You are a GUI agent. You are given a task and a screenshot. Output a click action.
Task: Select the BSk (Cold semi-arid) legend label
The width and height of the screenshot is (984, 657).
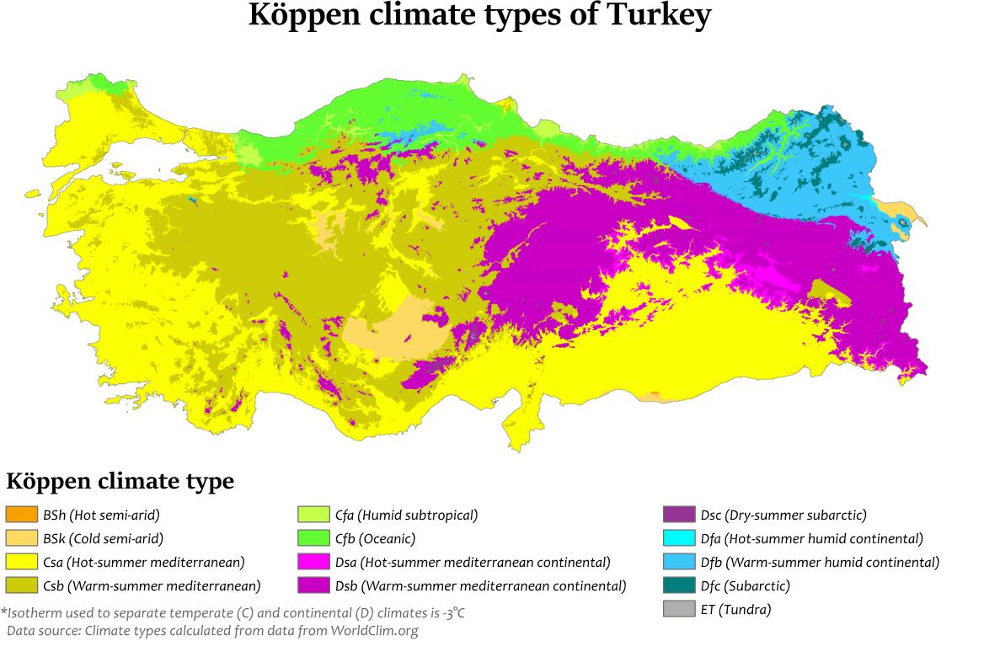point(103,538)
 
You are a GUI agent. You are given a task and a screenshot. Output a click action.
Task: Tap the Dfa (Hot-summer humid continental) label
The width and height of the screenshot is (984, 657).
point(811,538)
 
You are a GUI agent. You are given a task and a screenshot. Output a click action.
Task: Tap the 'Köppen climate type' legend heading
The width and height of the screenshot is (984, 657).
point(120,482)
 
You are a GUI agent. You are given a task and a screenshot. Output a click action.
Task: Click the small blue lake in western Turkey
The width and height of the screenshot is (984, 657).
point(193,200)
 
